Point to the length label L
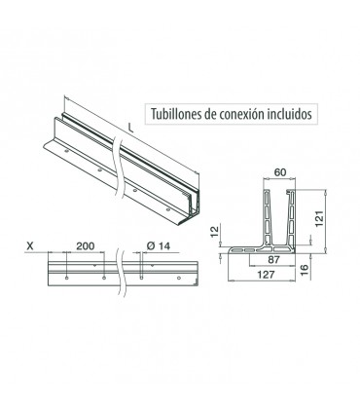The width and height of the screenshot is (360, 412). click(x=130, y=129)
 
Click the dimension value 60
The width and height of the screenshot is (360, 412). click(x=280, y=172)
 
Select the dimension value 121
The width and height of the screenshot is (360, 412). click(x=319, y=218)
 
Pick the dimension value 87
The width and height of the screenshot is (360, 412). click(x=273, y=260)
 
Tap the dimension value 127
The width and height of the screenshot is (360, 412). click(x=266, y=275)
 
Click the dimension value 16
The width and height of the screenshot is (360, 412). click(x=304, y=270)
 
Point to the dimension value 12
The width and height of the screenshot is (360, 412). click(x=215, y=232)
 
